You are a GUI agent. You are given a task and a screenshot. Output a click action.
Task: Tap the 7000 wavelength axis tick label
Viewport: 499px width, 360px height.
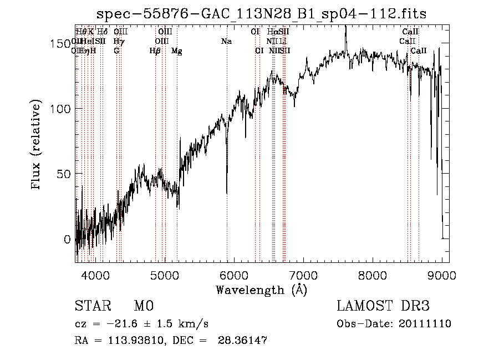click(303, 273)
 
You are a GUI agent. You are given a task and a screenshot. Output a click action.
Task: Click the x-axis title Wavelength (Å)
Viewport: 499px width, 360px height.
click(261, 290)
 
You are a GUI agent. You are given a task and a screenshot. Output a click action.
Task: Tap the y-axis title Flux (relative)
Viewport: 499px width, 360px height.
click(37, 145)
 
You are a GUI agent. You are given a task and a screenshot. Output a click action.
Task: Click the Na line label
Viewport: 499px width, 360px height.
click(226, 42)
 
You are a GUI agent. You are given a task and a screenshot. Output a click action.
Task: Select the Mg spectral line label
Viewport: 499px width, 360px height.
click(177, 51)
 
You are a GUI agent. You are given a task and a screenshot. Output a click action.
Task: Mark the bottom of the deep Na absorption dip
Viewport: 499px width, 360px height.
click(227, 193)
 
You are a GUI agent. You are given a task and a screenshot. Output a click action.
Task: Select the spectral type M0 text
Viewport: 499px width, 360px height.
click(143, 306)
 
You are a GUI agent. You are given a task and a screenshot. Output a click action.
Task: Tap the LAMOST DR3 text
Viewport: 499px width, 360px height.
click(383, 306)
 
